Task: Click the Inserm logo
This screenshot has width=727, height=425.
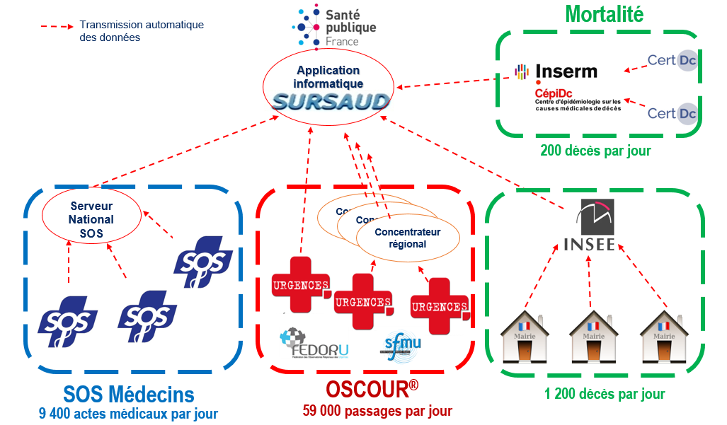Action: click(x=556, y=71)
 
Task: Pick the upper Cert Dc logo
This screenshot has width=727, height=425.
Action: click(x=672, y=61)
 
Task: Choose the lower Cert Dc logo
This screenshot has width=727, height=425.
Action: click(x=672, y=113)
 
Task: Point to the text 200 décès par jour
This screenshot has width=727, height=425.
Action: click(x=595, y=151)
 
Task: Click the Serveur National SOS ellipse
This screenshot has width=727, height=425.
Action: click(x=91, y=219)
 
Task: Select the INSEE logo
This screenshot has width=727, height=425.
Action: click(x=593, y=226)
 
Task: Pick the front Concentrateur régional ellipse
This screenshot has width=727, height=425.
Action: click(x=407, y=238)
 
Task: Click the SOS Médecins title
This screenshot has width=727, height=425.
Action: click(x=129, y=393)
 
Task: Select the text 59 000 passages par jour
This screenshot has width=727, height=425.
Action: click(x=377, y=411)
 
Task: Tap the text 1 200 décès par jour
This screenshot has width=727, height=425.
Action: click(x=605, y=394)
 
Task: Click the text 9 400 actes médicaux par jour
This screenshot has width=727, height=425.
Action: click(x=128, y=413)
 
